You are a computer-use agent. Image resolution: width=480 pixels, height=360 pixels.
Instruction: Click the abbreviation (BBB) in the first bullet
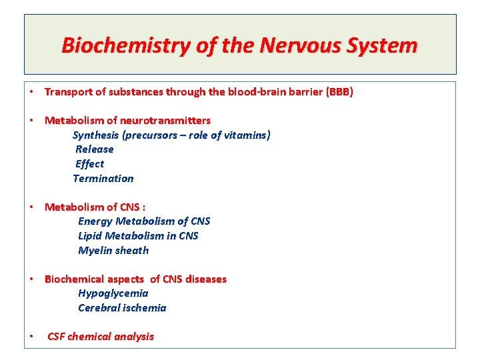coord(339,92)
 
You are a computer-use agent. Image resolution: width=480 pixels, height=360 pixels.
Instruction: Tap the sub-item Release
coord(95,149)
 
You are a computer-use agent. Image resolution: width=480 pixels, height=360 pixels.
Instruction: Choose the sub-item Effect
coord(90,164)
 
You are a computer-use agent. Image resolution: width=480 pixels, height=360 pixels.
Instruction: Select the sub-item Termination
coord(103,179)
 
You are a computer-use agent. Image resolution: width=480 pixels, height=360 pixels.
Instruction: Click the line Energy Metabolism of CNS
coord(144,221)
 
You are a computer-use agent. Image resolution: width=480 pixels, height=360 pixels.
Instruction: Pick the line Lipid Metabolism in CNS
coord(138,236)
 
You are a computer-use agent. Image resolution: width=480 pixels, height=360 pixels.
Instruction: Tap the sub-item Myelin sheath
coord(113,251)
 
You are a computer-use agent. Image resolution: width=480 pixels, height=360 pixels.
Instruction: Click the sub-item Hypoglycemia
coord(113,293)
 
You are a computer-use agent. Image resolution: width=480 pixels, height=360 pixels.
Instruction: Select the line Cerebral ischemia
coord(122,308)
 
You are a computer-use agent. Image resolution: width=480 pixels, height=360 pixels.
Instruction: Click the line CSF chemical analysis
coord(101,337)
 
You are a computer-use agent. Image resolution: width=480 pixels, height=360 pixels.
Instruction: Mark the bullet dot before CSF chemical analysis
coord(32,337)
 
